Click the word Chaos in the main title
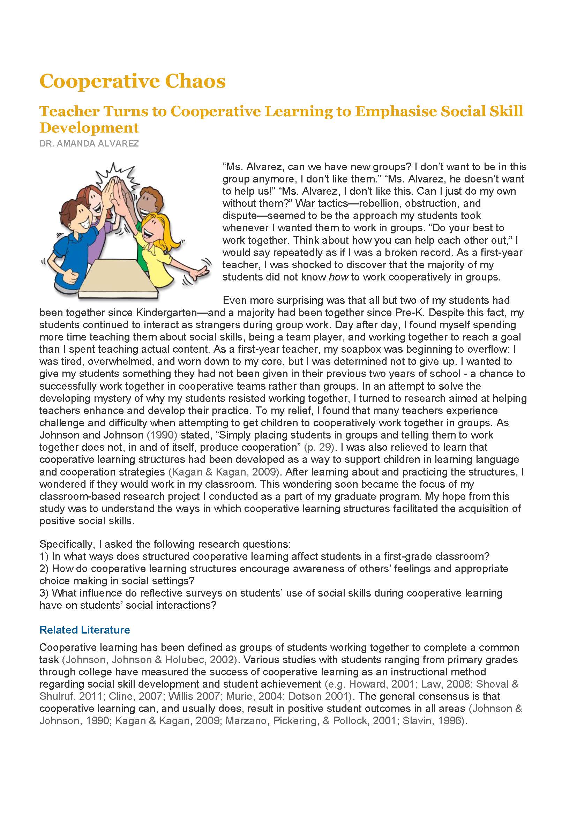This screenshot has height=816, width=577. coord(195,81)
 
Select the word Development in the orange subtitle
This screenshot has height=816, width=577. coord(89,128)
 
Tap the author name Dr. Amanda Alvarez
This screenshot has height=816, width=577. coord(89,144)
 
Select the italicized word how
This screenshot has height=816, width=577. coord(338,277)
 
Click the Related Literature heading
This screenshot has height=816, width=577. coord(84,630)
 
